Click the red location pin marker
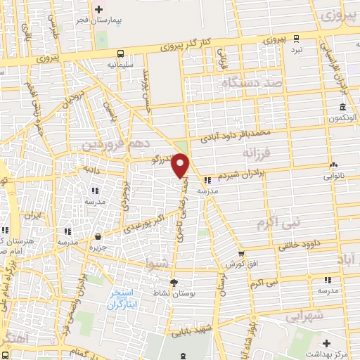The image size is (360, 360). pyautogui.click(x=181, y=165)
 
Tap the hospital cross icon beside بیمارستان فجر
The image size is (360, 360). pyautogui.click(x=99, y=10)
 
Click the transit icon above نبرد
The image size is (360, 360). pyautogui.click(x=298, y=40)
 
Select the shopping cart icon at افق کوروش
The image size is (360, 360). pyautogui.click(x=241, y=254)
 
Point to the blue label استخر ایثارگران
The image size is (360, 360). pyautogui.click(x=124, y=298)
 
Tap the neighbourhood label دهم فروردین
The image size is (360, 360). pyautogui.click(x=107, y=144)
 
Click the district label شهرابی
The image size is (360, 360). pyautogui.click(x=304, y=317)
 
